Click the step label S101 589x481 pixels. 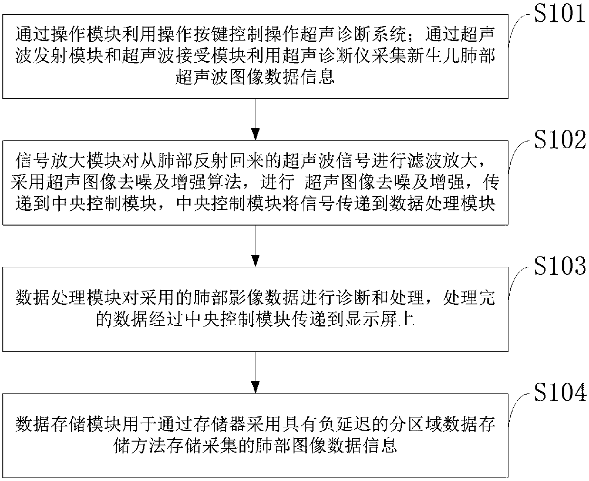559,14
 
